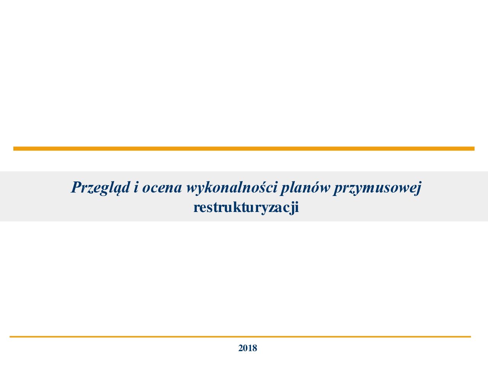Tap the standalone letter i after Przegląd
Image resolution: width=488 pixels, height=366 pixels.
tap(136, 187)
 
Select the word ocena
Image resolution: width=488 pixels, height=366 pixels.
tap(162, 189)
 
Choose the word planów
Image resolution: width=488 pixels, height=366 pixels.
tap(305, 188)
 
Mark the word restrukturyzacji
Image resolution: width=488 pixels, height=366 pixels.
tap(246, 208)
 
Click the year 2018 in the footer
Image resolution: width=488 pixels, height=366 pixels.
tap(247, 348)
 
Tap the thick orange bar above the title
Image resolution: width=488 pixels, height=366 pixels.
tap(244, 149)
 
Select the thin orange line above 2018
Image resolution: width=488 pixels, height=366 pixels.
tap(240, 337)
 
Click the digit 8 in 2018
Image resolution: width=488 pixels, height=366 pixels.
tap(255, 348)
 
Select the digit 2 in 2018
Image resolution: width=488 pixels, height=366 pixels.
tap(241, 348)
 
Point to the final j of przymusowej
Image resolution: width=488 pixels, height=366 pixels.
tap(418, 189)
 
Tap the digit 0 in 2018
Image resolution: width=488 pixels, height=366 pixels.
tap(246, 348)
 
